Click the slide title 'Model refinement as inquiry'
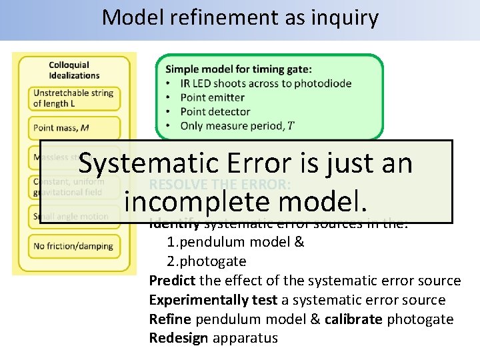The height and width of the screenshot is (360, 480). point(240,17)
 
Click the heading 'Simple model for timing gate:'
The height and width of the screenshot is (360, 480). point(238,69)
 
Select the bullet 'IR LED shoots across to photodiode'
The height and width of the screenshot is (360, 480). point(265,83)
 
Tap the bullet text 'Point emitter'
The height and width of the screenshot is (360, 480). point(212,97)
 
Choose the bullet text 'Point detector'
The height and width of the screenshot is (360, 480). point(215,111)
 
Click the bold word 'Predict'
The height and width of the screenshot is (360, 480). point(171,281)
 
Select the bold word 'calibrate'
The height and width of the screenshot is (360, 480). point(353,319)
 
